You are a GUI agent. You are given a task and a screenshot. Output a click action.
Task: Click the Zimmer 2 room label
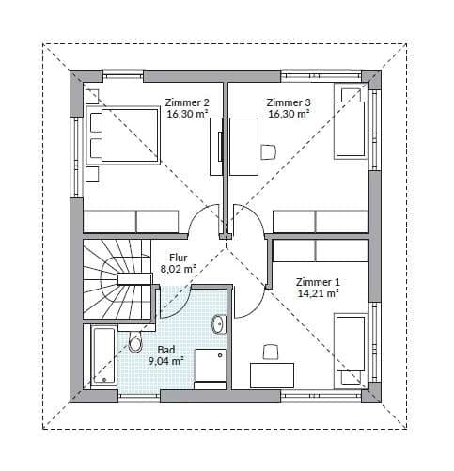point(187,102)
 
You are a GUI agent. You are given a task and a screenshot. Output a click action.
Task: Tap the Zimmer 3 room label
point(289,102)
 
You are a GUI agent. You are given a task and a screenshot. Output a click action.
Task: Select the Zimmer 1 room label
point(318,282)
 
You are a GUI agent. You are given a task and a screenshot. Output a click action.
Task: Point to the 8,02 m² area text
point(178,269)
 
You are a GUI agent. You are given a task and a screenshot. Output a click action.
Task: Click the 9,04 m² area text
point(165,361)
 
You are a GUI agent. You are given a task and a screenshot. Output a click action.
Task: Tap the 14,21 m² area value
point(318,293)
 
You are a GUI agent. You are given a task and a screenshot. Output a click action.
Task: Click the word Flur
point(179,258)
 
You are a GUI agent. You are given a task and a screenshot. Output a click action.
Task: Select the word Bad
point(166,350)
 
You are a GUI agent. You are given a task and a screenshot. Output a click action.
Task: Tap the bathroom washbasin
point(219,323)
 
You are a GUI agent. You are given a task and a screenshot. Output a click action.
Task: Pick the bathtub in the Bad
point(102,356)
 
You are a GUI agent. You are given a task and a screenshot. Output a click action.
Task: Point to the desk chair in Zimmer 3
point(269,151)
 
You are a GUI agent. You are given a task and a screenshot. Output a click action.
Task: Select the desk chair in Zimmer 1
point(271,353)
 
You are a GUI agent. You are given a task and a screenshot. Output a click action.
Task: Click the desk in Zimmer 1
point(272,375)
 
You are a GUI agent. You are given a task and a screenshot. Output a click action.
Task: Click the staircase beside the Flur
point(118,280)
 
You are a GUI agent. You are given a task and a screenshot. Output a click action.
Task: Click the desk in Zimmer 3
point(243,147)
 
